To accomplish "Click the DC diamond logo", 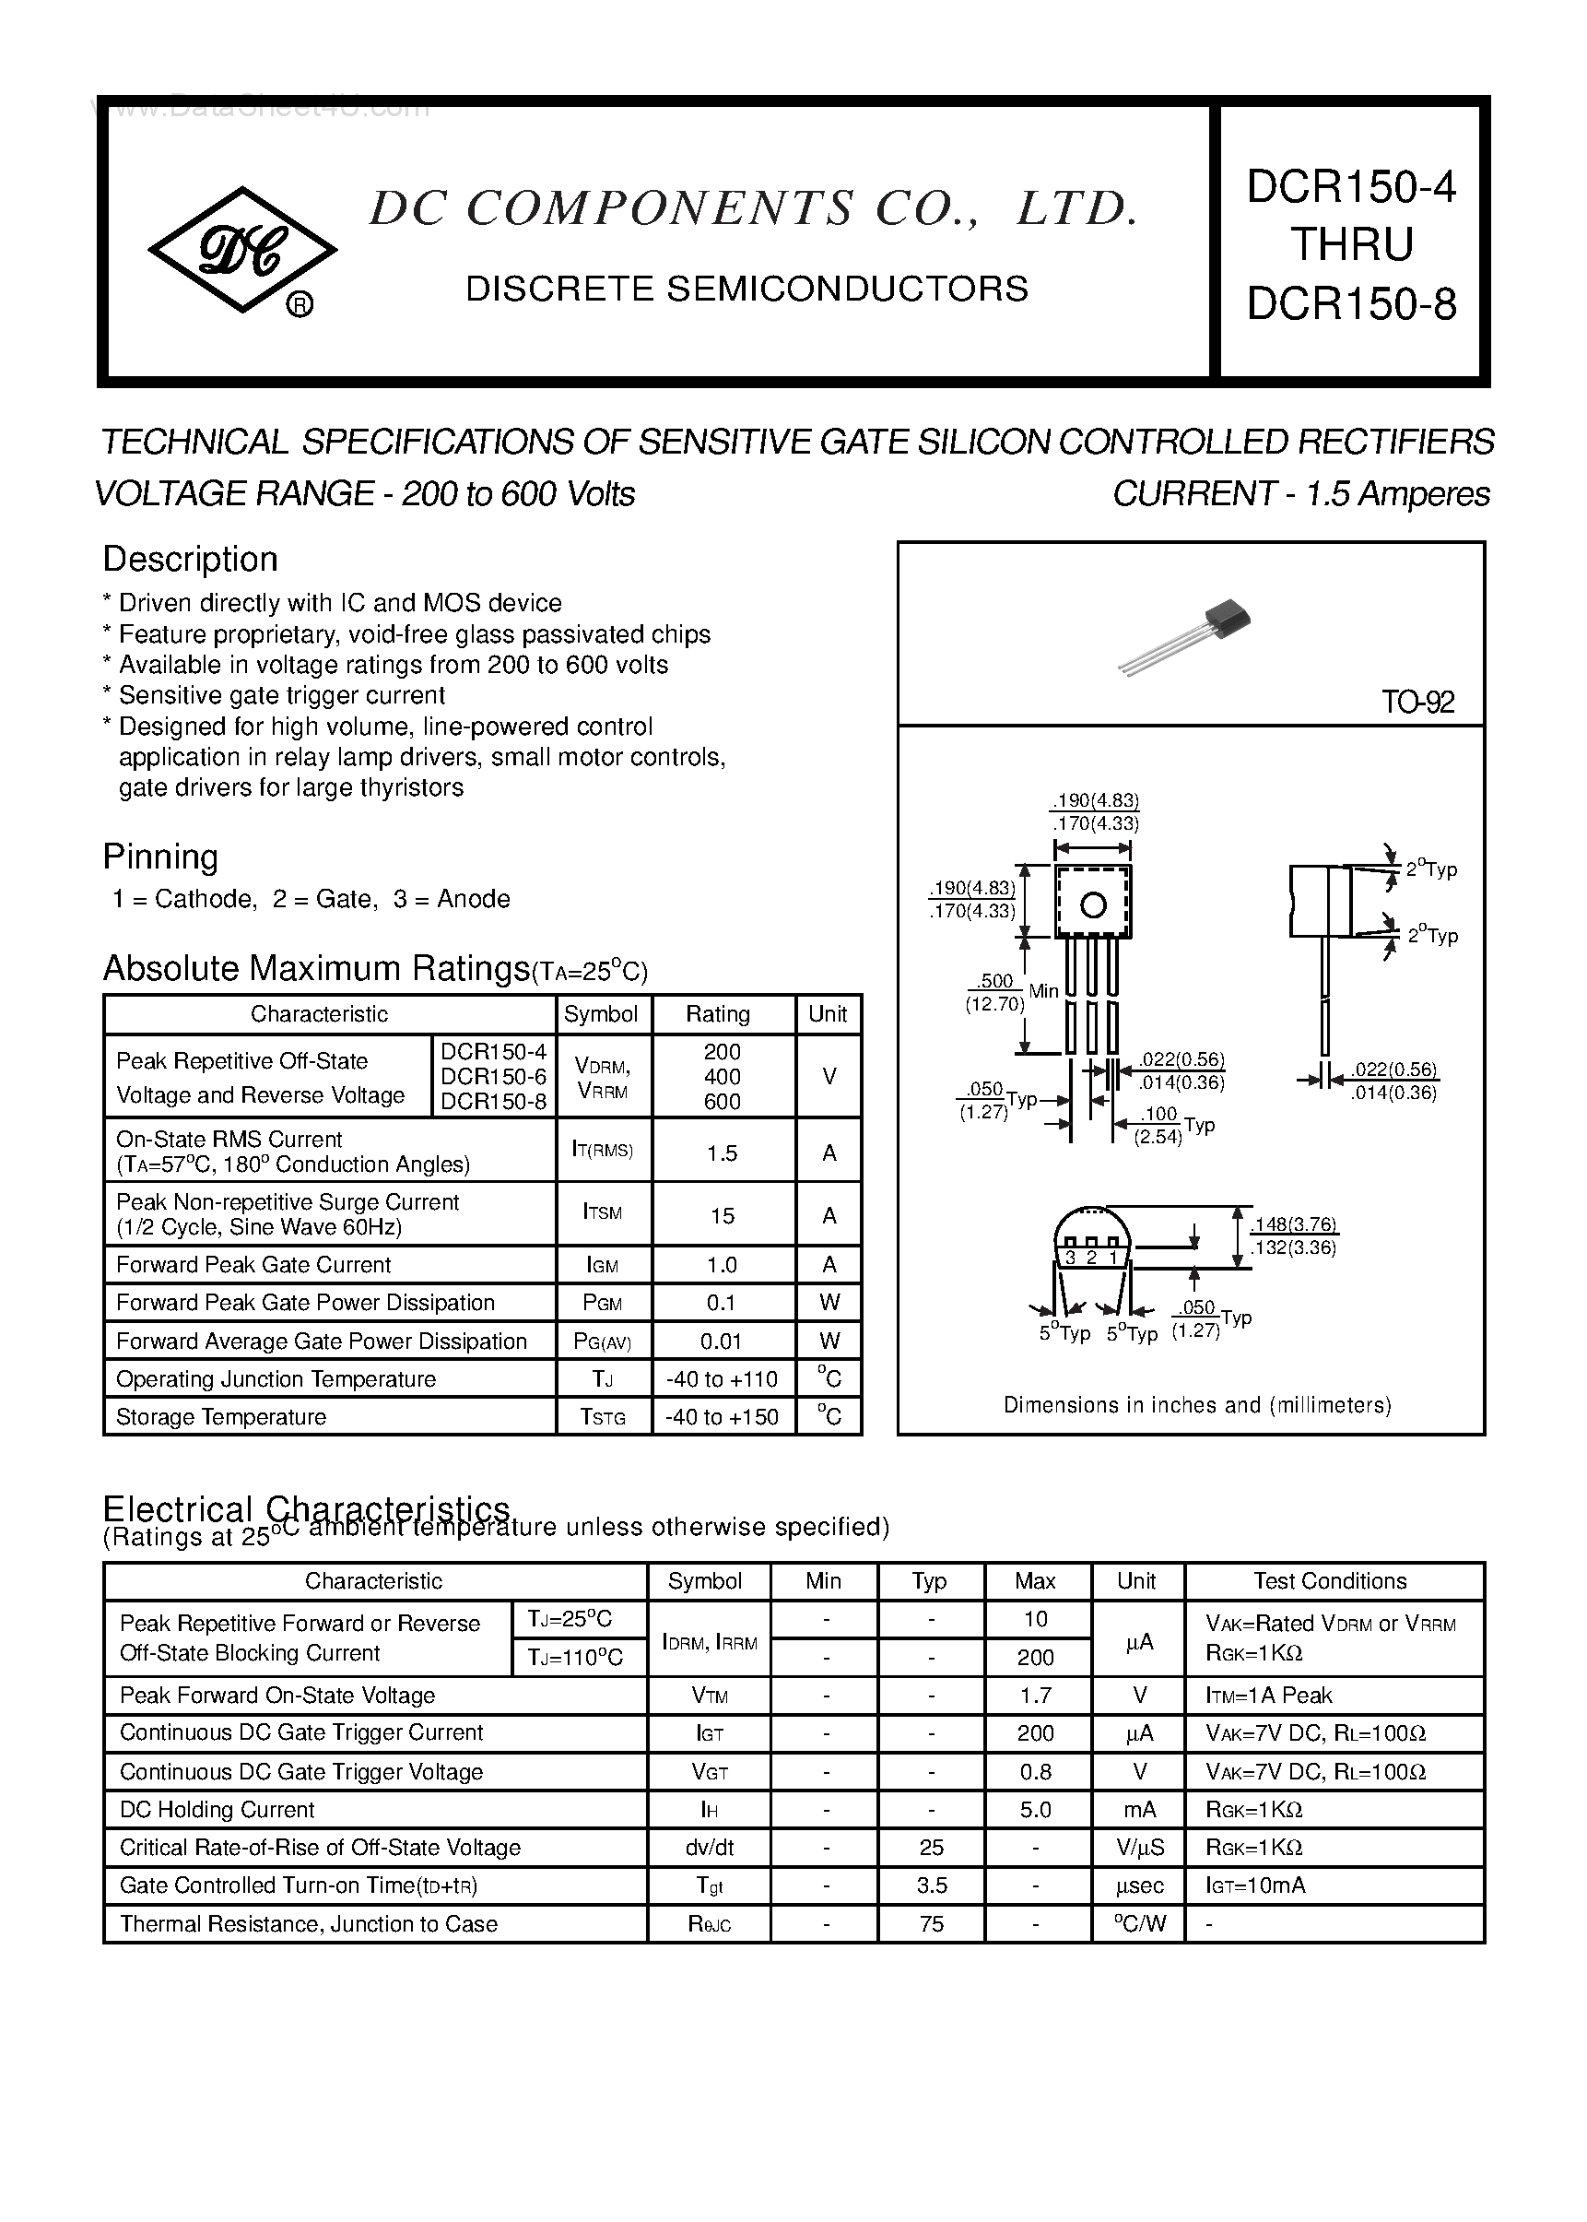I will point(241,250).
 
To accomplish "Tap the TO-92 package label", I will point(1417,702).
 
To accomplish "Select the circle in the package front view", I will point(1092,905).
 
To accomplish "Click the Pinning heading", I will point(160,857).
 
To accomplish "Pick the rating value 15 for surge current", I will point(723,1215).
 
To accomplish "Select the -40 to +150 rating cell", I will point(723,1416).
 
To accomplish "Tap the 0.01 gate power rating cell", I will point(723,1341).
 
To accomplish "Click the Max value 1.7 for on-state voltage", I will point(1035,1696).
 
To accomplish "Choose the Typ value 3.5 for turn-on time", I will point(932,1885).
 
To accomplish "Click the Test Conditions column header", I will point(1330,1580).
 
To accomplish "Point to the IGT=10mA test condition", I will point(1256,1885).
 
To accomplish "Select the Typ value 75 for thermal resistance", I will point(932,1924).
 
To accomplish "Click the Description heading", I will point(191,559).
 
